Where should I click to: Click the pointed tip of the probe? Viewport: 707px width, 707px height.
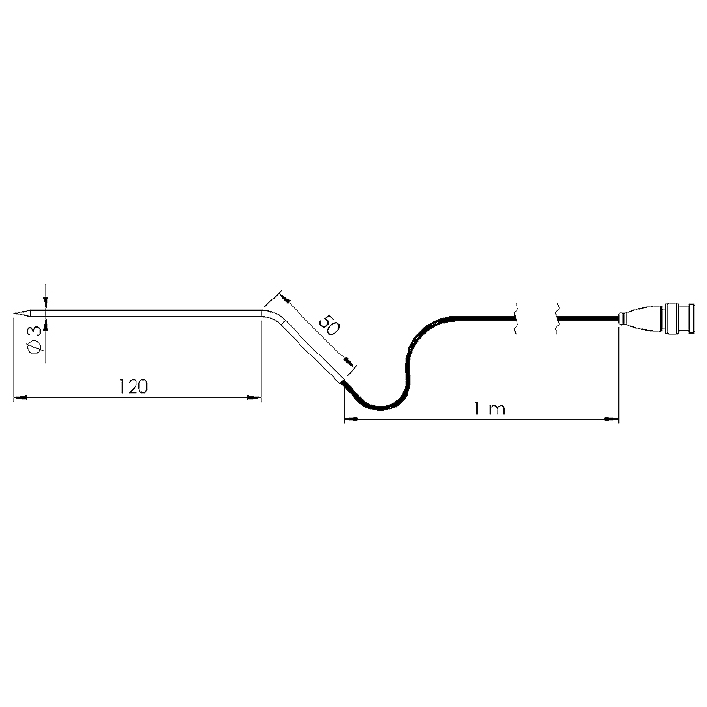pos(14,314)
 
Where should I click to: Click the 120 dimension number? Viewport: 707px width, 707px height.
pos(133,387)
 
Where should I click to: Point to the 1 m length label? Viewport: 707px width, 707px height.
pos(490,408)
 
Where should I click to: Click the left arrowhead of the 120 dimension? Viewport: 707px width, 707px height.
pos(20,398)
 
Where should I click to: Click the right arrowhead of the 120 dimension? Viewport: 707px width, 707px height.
pos(255,398)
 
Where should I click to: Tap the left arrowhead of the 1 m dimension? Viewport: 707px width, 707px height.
pos(352,419)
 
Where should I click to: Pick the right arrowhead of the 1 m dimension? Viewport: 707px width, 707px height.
pos(612,419)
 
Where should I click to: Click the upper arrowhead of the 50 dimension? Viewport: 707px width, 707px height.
pos(285,299)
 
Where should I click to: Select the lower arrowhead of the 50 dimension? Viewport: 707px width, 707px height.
pos(348,362)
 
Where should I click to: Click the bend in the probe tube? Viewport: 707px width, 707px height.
pos(272,315)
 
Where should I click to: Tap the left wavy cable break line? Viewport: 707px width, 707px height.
pos(515,318)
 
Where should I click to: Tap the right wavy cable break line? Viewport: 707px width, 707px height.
pos(557,318)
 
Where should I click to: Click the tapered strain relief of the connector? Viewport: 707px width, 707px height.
pos(640,319)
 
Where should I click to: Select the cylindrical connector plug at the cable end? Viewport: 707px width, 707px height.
pos(679,319)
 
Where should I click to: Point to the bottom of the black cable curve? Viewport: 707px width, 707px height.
pos(381,408)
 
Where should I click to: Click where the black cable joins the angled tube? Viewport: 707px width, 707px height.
pos(344,383)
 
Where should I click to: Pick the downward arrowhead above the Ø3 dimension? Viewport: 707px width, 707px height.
pos(45,301)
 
